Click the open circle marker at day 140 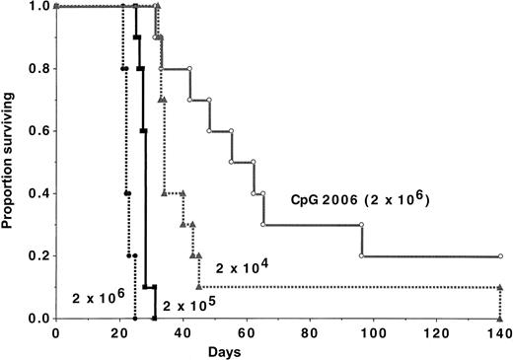tap(500, 256)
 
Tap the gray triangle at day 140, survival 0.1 tap(500, 287)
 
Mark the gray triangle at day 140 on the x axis tap(500, 319)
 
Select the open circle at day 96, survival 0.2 tap(361, 256)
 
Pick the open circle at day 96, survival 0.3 tap(361, 225)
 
